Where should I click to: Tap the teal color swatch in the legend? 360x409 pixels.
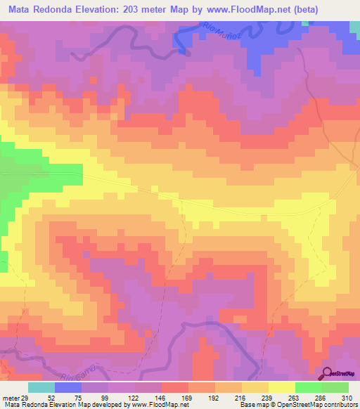(41, 387)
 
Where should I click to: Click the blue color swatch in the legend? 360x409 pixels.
(68, 387)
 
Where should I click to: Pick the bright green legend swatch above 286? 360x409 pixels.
(308, 387)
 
